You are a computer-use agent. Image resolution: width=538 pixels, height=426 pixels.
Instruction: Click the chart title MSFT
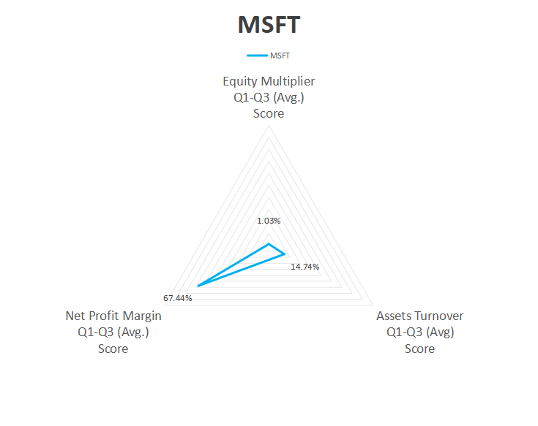pos(269,25)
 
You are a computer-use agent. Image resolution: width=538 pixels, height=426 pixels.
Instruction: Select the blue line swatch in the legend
pos(258,56)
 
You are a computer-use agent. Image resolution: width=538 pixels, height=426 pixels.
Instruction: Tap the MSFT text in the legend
pos(280,56)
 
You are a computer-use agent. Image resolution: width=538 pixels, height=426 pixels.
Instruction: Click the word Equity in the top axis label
pos(240,82)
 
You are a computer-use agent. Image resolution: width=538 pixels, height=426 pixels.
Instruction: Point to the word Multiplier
pos(288,81)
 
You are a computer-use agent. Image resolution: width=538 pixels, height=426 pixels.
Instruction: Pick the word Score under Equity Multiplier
pos(269,113)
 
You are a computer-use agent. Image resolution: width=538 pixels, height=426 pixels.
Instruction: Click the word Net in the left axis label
pos(73,316)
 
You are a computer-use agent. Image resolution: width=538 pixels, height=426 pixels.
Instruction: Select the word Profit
pos(102,316)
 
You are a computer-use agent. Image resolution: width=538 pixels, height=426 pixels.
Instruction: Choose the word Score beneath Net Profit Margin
pos(113,349)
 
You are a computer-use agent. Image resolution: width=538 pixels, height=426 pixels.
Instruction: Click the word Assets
pos(393,316)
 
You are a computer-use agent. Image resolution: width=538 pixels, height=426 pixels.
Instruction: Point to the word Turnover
pos(438,316)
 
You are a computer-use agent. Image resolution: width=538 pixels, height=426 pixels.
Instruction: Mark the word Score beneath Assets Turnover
pos(419,349)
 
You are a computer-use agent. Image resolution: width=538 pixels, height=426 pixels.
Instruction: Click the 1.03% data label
pos(269,221)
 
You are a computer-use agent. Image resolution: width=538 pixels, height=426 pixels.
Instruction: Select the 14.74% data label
pos(305,267)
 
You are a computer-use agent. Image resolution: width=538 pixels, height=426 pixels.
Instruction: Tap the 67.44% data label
pos(177,298)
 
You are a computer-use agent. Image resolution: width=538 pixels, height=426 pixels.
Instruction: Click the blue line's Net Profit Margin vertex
pos(198,286)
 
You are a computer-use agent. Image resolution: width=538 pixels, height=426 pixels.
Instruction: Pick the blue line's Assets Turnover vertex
pos(285,254)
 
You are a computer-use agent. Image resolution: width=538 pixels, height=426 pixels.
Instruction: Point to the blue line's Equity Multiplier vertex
pos(269,244)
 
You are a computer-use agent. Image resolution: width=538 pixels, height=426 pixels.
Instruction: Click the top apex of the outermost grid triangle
pos(269,126)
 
